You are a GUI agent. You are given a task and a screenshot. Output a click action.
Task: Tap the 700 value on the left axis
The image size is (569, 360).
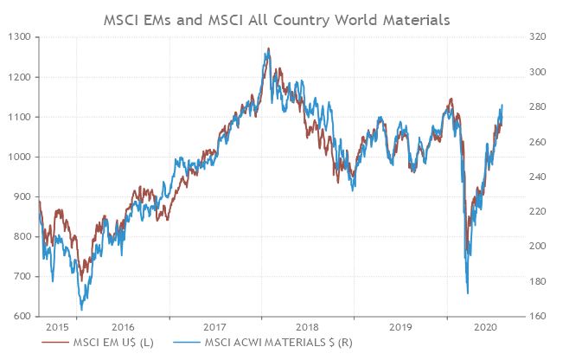click(x=21, y=277)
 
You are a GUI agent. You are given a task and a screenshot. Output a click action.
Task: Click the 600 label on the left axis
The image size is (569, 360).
click(x=21, y=317)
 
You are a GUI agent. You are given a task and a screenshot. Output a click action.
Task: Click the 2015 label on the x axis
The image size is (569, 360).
click(x=57, y=327)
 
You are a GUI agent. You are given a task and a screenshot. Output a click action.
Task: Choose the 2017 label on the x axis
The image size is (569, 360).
click(x=214, y=327)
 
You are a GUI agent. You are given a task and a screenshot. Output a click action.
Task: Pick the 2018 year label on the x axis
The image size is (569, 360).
click(x=308, y=327)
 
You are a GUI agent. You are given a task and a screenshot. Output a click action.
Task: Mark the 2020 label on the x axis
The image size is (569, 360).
click(x=485, y=327)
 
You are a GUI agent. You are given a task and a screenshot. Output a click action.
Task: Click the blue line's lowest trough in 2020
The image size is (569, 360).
click(x=468, y=292)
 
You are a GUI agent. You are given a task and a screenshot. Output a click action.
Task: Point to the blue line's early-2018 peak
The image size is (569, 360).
click(x=268, y=50)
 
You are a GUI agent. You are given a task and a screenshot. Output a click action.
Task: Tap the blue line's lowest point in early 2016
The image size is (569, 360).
click(x=82, y=309)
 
